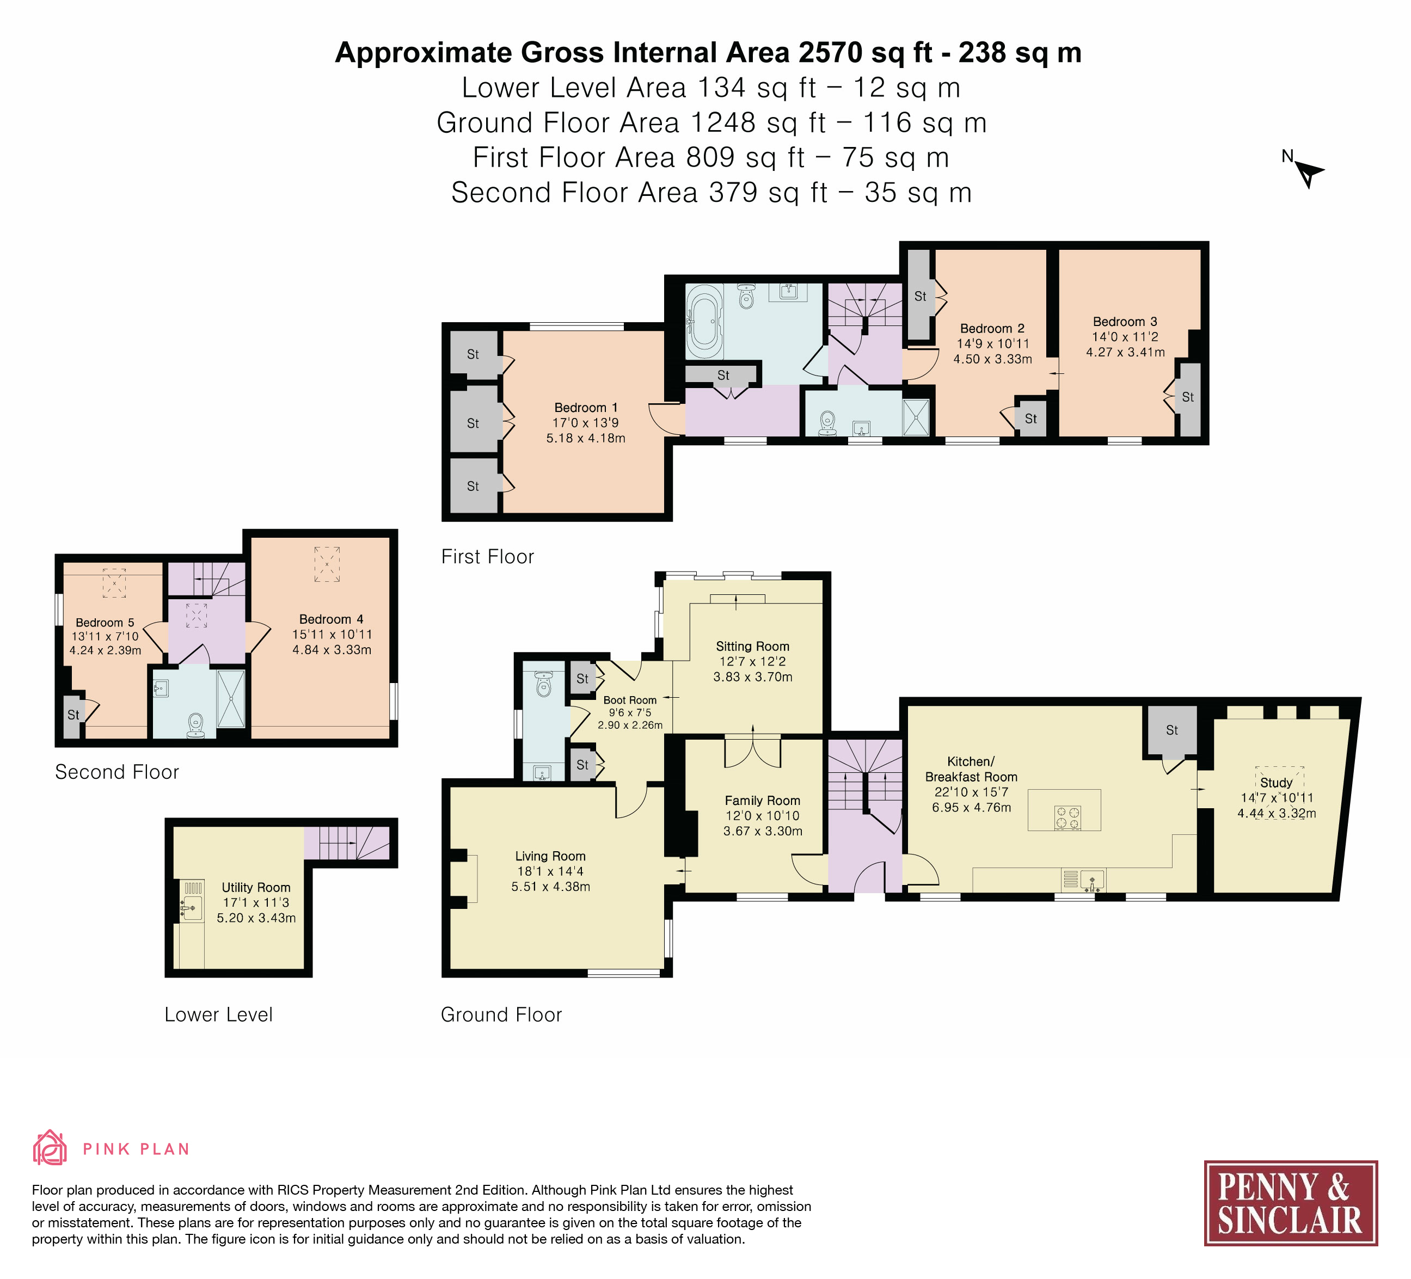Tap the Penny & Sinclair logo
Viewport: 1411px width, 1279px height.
[1291, 1203]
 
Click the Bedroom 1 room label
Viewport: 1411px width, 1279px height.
[586, 407]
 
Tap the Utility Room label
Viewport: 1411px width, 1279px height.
[256, 887]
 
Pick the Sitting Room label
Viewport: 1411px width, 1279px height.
[752, 647]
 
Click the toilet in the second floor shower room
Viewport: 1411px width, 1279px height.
[196, 725]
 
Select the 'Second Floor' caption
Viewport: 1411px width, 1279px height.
[117, 772]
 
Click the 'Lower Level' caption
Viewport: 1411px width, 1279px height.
[218, 1014]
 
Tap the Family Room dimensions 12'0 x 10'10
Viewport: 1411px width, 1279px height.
[762, 816]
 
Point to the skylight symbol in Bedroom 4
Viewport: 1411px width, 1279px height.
[327, 564]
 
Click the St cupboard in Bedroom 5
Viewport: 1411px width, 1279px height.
[73, 715]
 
